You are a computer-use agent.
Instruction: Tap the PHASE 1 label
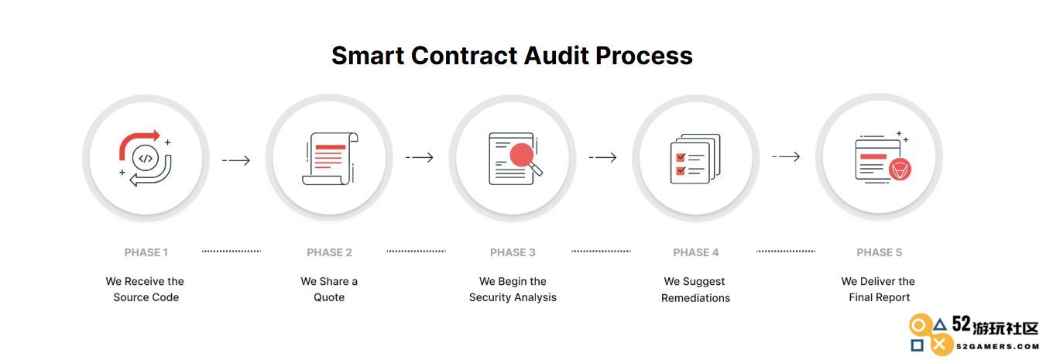pos(146,252)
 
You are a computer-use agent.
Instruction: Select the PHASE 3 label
pos(513,252)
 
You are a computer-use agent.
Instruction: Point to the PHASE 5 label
pos(880,252)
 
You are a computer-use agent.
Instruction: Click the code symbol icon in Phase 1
pos(146,159)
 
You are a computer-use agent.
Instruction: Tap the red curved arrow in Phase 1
pos(139,144)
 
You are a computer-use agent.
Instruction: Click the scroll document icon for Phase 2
pos(330,159)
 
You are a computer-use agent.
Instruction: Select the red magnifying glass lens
pos(522,155)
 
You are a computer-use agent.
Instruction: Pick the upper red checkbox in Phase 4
pos(681,158)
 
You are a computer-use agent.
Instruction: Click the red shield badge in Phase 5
pos(900,170)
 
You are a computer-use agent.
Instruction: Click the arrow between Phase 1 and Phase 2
pos(236,160)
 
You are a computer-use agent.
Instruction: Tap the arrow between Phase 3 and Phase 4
pos(603,157)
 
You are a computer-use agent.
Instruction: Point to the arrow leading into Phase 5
pos(786,156)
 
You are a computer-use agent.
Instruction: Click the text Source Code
pos(146,297)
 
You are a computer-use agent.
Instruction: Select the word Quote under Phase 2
pos(329,297)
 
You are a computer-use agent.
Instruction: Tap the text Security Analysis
pos(513,297)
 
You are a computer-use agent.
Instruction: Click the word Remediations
pos(696,298)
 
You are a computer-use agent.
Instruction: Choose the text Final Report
pos(880,297)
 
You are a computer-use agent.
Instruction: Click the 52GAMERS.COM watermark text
pos(998,347)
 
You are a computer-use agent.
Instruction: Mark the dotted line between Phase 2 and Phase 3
pos(417,251)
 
